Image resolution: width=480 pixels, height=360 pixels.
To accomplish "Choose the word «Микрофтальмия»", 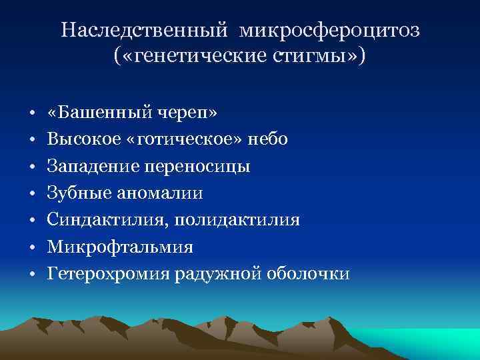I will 120,247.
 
